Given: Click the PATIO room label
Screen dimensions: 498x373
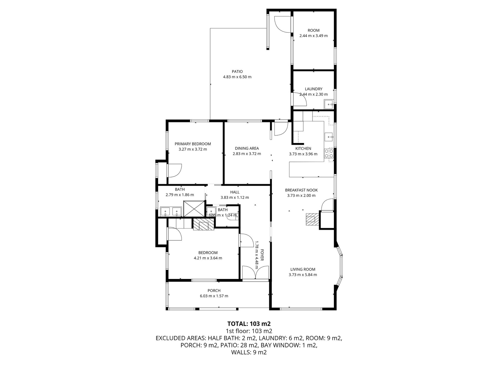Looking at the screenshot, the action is click(237, 71).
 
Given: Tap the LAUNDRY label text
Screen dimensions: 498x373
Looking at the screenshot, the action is click(313, 89).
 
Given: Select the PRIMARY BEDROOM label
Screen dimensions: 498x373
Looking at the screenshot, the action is click(193, 144).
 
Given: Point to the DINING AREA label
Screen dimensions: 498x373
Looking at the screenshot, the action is click(247, 148).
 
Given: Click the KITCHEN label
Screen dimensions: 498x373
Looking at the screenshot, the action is click(303, 148).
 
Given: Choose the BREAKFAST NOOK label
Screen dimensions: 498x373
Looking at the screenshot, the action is click(301, 190).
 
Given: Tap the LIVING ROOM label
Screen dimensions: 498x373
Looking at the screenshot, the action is click(303, 269).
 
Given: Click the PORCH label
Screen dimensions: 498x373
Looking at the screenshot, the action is click(214, 290).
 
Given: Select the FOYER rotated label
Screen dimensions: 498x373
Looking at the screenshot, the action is click(262, 255).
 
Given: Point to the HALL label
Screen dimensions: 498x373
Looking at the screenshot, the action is click(235, 192).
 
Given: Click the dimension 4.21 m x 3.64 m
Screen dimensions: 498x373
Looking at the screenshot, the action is click(208, 258).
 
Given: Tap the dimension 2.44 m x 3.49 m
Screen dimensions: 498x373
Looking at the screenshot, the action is click(313, 36).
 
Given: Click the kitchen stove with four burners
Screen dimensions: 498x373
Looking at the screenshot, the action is click(329, 153).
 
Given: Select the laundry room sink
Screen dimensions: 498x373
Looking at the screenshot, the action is click(329, 105).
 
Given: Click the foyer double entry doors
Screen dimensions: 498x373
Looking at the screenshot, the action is click(255, 272).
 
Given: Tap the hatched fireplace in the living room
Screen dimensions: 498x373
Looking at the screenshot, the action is click(311, 220).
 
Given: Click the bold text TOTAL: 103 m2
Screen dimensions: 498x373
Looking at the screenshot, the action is click(249, 324).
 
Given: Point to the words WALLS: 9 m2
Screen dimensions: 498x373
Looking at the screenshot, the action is click(249, 352).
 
